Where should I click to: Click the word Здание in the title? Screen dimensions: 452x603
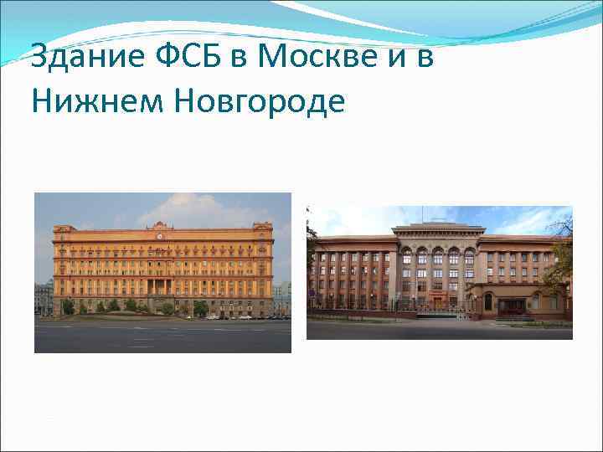tap(74, 59)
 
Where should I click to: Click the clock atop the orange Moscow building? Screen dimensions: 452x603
tap(160, 235)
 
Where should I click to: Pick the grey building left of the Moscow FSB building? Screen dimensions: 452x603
tap(43, 298)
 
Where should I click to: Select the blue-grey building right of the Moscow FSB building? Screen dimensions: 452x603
tap(282, 296)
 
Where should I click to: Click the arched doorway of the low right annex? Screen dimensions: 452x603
tap(488, 301)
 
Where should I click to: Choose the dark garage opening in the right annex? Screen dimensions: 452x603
tap(511, 306)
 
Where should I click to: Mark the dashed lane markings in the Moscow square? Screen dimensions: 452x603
tap(142, 340)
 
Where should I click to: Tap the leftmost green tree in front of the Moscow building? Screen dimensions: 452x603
tap(67, 306)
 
